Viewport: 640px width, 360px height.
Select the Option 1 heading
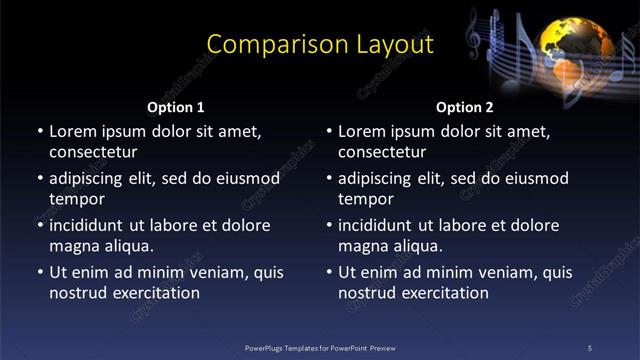click(176, 107)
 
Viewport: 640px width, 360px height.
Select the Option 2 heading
click(465, 107)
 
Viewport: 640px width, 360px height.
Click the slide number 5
click(589, 348)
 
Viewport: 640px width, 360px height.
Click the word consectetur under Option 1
click(93, 153)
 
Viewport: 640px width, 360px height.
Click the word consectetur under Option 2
click(382, 153)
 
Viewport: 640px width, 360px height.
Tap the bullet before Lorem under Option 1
click(40, 131)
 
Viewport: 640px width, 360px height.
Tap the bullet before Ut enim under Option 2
click(329, 272)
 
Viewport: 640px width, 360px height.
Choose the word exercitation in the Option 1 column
click(156, 293)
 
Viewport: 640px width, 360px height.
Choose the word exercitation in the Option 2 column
click(445, 293)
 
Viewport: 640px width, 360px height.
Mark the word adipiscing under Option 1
click(91, 178)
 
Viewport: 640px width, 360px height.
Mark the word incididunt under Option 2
click(382, 225)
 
